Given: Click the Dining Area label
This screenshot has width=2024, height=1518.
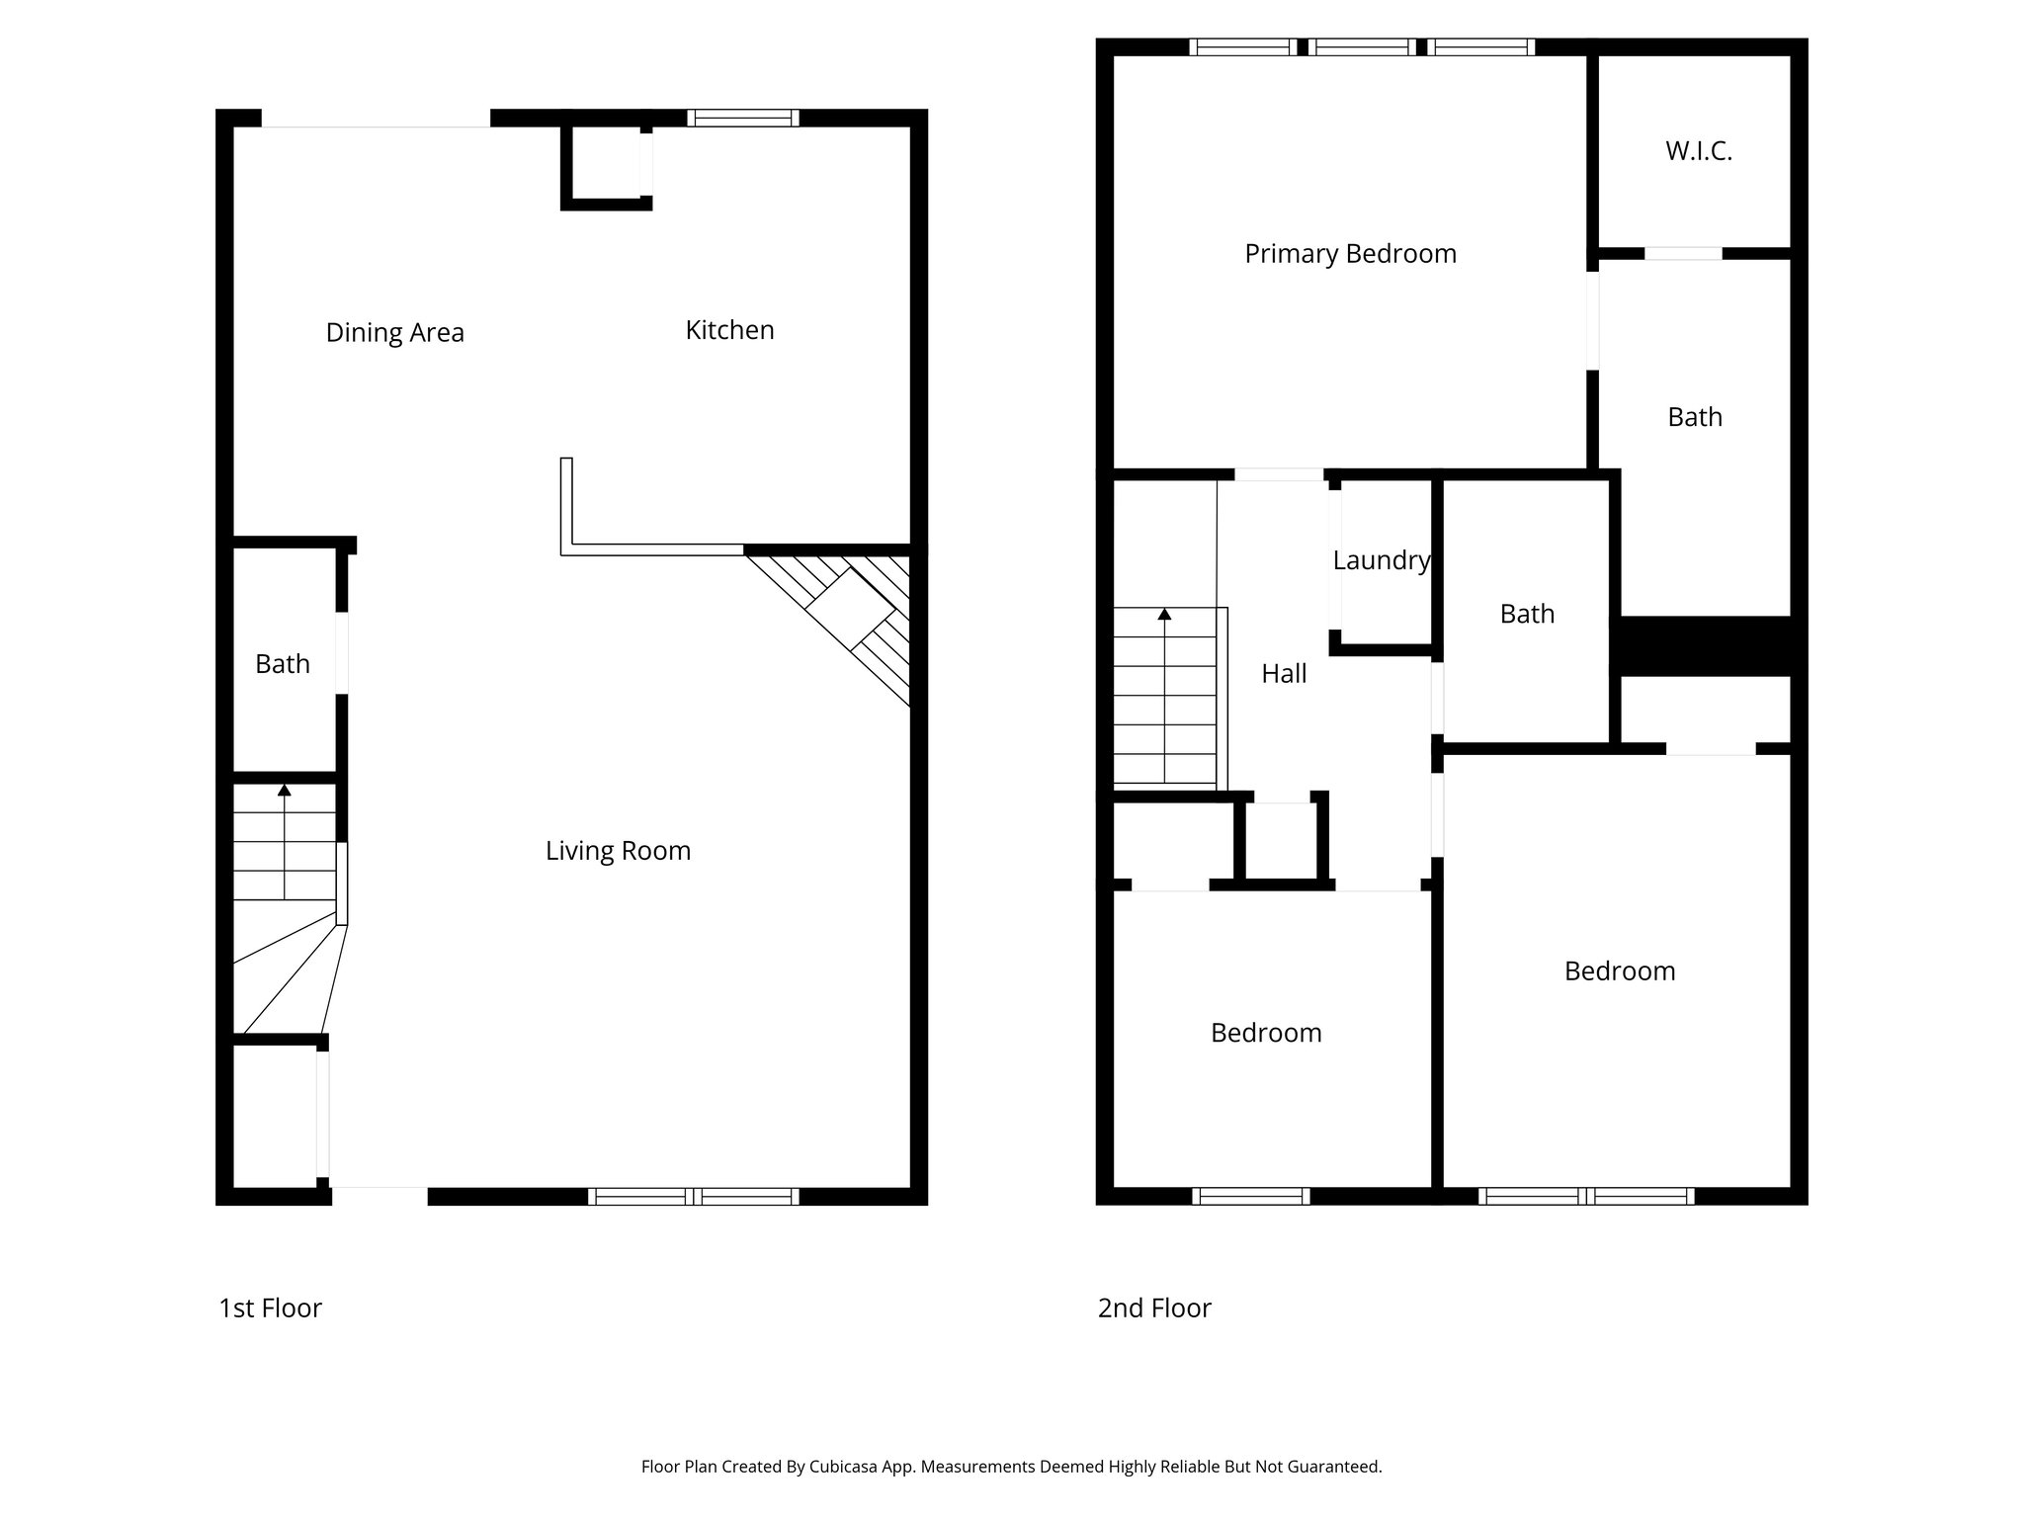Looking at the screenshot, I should (394, 333).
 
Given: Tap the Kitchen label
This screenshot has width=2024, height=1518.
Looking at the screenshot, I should (729, 330).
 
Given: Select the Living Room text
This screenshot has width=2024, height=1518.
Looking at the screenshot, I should (618, 851).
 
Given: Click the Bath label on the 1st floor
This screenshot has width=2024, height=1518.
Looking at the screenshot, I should (283, 664).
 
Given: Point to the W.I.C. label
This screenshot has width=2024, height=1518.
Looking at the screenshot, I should (1698, 151).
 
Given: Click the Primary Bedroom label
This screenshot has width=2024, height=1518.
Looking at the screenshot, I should (1350, 254).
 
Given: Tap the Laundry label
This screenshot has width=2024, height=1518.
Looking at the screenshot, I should (1381, 560).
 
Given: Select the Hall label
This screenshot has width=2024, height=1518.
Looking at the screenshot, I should (1284, 674).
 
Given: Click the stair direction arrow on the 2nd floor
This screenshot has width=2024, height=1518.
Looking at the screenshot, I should (1164, 615).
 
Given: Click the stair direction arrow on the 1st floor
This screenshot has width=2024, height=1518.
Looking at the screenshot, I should (285, 790).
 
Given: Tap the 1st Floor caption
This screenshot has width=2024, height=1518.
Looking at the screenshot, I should (270, 1308).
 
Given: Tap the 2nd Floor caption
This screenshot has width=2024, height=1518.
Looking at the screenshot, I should (1153, 1308).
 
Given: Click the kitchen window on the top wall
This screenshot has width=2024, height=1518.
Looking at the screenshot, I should (743, 118).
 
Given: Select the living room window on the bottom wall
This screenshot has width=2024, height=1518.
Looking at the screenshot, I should (693, 1197).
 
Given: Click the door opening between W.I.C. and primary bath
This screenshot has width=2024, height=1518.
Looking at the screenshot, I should (1682, 254).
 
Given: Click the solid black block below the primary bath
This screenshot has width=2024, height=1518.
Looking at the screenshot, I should (1708, 645).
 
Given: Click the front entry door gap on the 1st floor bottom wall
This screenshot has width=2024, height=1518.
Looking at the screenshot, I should (379, 1196).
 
